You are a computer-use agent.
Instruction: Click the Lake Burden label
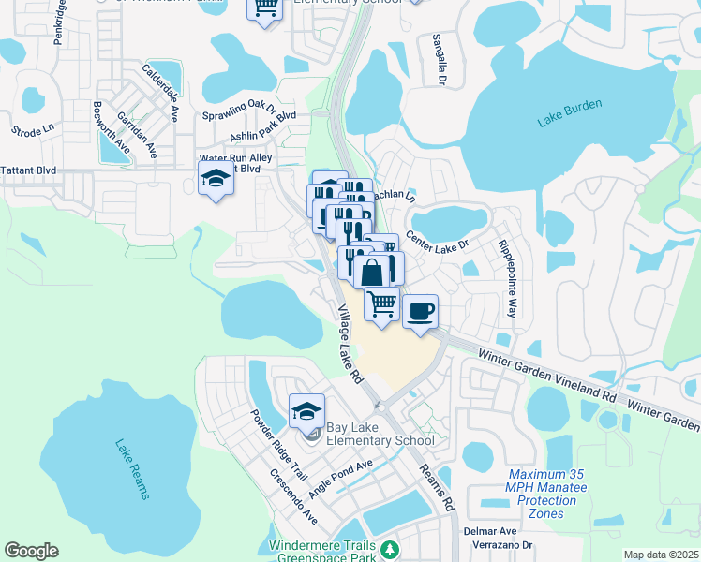tap(569, 112)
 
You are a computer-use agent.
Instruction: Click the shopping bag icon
tap(372, 272)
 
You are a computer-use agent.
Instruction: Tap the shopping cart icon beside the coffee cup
tap(381, 305)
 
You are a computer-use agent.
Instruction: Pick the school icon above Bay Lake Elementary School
tap(306, 411)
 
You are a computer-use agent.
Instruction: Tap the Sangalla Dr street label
tap(437, 60)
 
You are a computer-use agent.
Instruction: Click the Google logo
tap(31, 550)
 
